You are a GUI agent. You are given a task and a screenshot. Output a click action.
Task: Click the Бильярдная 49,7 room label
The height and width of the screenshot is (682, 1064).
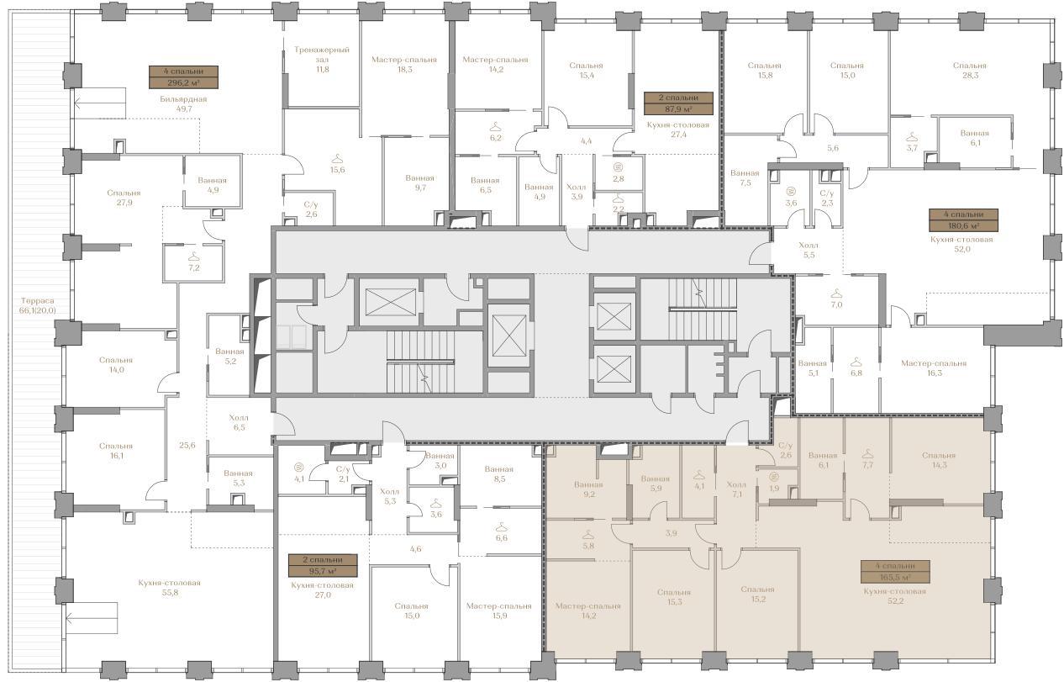[183, 103]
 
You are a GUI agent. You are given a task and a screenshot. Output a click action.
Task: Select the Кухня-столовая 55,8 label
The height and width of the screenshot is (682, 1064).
[170, 588]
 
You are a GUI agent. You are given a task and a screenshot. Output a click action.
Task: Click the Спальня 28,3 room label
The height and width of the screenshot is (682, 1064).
[970, 71]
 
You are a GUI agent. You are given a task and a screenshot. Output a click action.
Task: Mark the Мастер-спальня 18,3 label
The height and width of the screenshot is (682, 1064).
[404, 64]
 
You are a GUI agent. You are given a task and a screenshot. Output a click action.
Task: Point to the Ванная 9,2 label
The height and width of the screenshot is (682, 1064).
[588, 489]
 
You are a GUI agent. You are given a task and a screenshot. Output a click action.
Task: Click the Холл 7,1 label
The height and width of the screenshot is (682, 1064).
[736, 489]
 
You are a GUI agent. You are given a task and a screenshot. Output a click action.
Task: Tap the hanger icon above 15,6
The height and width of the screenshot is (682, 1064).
[337, 158]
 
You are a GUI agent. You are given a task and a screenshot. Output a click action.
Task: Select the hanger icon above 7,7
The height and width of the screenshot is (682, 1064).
[868, 454]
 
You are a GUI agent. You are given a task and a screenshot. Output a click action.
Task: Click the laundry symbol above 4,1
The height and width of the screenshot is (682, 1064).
[298, 468]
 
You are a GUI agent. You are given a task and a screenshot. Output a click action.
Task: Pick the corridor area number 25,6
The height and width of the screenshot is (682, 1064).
[187, 446]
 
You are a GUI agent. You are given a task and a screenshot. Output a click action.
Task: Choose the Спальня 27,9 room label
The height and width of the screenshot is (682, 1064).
[124, 198]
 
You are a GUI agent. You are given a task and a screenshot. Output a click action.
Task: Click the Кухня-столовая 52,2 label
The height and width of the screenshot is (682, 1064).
[895, 596]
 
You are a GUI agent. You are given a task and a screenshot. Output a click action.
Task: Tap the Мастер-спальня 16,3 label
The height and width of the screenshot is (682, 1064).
[934, 367]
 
